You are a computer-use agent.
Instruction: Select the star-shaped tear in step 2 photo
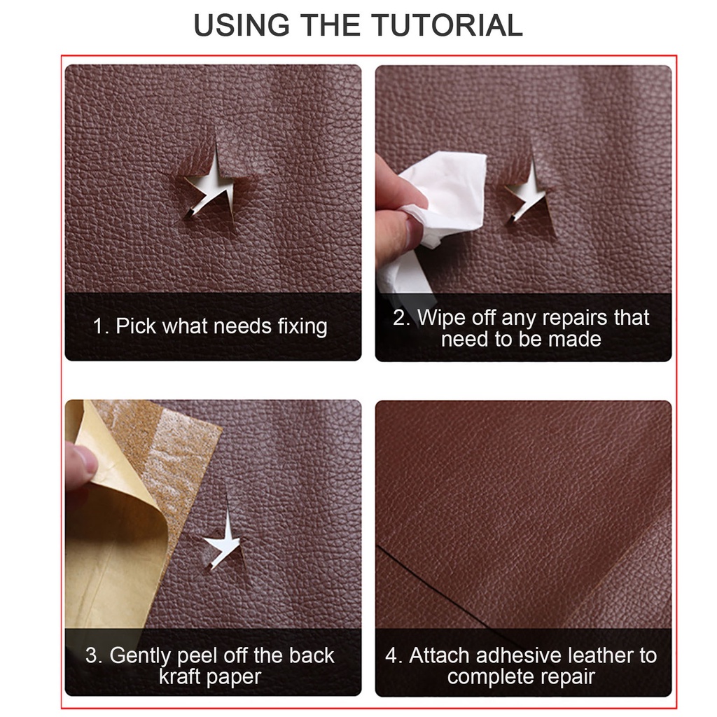click(x=529, y=192)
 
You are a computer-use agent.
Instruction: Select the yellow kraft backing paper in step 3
click(x=112, y=560)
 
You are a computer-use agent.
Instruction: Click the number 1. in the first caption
click(x=101, y=326)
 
